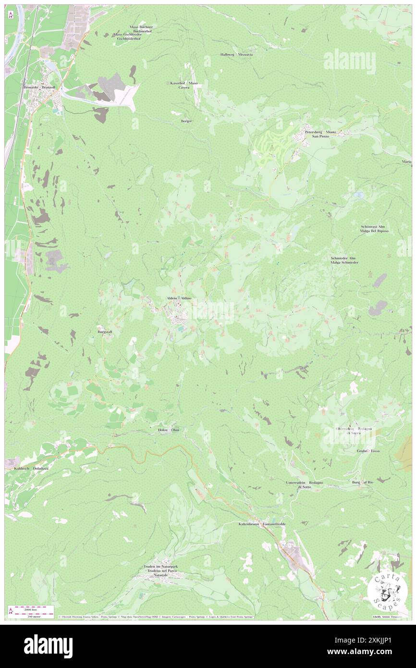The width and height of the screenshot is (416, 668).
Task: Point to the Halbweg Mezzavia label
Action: pos(236,54)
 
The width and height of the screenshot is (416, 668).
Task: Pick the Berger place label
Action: pos(186,121)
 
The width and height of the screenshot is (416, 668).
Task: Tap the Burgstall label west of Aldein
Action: pos(105,332)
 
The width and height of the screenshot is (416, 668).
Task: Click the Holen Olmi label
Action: pos(169,430)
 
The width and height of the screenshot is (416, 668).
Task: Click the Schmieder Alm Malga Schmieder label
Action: pos(344,260)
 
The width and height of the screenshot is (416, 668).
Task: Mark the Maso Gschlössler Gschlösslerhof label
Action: pos(128,37)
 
